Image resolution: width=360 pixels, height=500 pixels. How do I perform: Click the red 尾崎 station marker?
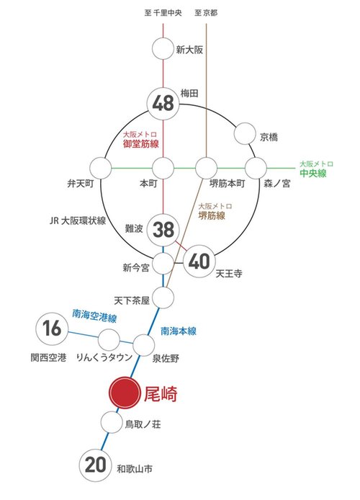tap(122, 394)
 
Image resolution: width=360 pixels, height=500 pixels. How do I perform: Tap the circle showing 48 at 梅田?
tap(163, 104)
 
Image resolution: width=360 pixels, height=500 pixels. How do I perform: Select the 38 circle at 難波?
tap(163, 230)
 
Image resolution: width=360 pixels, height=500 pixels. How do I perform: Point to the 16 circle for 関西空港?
tap(51, 329)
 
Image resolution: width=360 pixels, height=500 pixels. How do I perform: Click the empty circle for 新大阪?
tap(163, 50)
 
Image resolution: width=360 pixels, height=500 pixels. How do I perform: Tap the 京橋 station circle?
tap(246, 134)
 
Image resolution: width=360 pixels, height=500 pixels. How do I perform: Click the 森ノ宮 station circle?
tap(256, 169)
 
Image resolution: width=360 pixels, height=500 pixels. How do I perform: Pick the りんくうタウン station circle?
tap(109, 339)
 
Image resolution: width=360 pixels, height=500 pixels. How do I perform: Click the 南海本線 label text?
tap(179, 331)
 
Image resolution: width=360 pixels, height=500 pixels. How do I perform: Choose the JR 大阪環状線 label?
tap(74, 220)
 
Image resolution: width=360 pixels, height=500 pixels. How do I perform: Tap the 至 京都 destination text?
tap(207, 13)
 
